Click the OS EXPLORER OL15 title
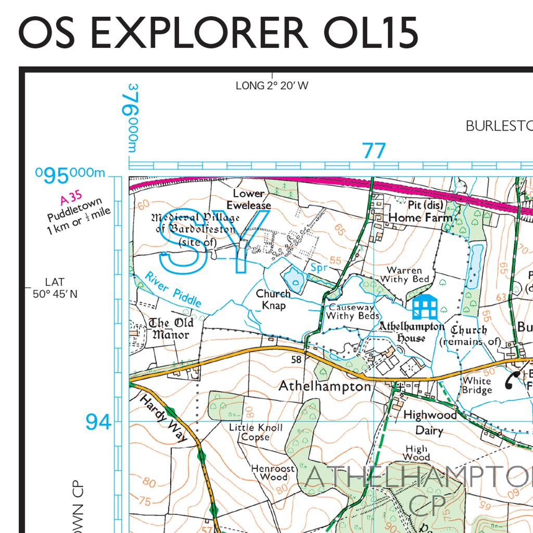(218, 32)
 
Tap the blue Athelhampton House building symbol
(425, 307)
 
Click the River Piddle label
(173, 289)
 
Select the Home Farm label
(421, 218)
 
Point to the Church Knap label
(273, 299)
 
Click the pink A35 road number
(71, 199)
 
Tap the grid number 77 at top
(374, 151)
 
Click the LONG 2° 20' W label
(272, 85)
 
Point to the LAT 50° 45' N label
(55, 288)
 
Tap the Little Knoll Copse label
(256, 432)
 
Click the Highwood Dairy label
(430, 423)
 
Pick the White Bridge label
(477, 386)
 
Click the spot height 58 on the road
(297, 360)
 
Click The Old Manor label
(171, 328)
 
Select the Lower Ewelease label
(252, 199)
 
